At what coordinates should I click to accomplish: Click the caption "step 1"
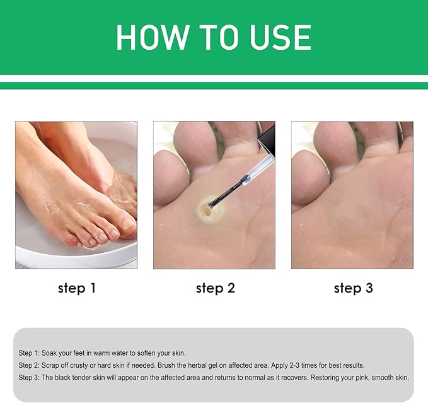pyautogui.click(x=76, y=288)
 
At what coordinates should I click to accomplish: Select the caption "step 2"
pyautogui.click(x=215, y=288)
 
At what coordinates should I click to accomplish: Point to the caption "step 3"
pyautogui.click(x=353, y=288)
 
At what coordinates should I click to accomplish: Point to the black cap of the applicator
pyautogui.click(x=267, y=138)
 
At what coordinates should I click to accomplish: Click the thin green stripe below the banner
pyautogui.click(x=214, y=86)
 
